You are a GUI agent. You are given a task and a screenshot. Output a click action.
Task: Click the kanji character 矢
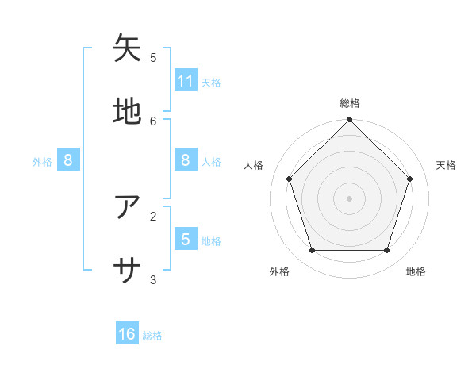point(128,48)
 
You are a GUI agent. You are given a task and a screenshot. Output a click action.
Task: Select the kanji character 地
point(128,112)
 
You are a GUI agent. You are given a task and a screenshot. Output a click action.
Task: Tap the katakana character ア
point(128,207)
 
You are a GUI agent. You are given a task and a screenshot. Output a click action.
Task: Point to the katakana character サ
point(128,271)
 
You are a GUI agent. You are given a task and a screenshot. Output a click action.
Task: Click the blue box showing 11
point(186,80)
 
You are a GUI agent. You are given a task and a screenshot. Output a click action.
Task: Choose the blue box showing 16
point(127,334)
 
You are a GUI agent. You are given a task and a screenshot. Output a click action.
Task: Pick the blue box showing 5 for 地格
point(186,239)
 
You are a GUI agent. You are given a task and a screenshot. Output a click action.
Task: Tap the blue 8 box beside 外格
point(68,160)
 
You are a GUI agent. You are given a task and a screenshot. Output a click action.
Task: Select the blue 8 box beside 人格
point(186,160)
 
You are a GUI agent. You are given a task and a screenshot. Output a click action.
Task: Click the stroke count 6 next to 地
point(153,121)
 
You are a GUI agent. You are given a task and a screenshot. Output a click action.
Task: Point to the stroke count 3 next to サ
point(153,279)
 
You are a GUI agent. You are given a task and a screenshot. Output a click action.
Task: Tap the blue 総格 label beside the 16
point(152,336)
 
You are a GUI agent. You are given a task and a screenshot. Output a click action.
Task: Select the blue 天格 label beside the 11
point(211,82)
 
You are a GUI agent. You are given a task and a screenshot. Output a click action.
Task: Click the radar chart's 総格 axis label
point(350,103)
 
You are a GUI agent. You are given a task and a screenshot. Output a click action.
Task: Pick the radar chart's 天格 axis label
point(446,165)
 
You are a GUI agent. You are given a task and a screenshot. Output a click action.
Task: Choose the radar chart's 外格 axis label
point(279,271)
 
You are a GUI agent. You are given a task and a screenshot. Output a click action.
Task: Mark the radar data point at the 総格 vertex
point(349,120)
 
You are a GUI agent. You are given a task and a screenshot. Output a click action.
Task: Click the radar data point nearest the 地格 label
point(386,250)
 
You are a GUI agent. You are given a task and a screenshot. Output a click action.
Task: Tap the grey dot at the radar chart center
point(349,198)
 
